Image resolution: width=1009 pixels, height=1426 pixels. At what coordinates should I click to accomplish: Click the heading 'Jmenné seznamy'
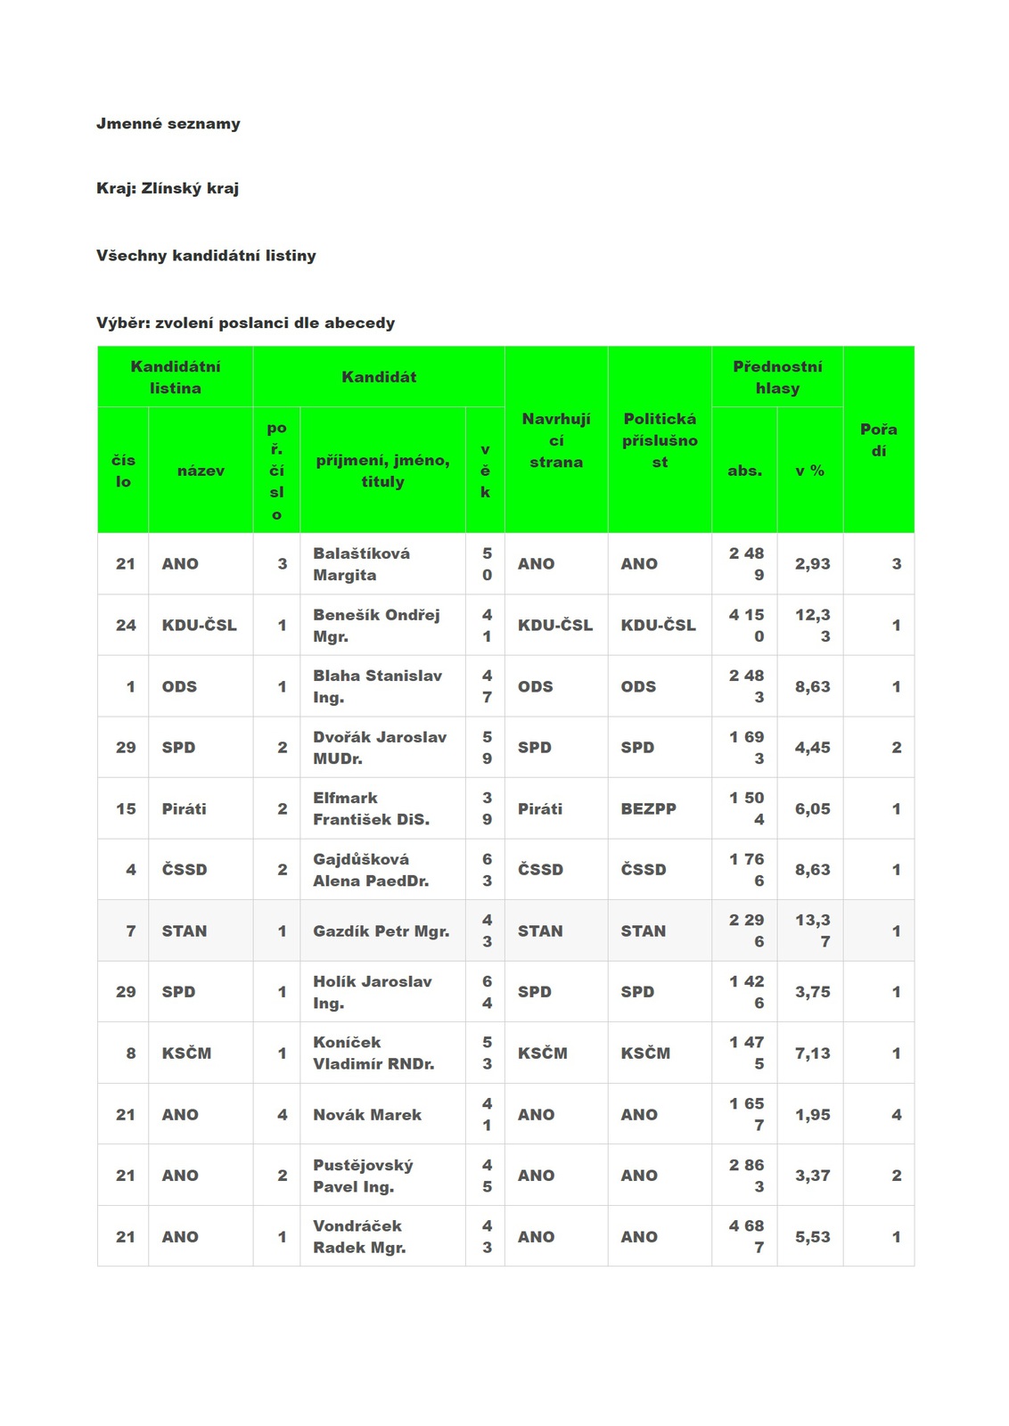tap(168, 124)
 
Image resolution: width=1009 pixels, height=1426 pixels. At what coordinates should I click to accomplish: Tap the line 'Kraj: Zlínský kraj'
tap(168, 188)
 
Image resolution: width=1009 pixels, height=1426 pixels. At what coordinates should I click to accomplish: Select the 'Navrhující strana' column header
tap(555, 440)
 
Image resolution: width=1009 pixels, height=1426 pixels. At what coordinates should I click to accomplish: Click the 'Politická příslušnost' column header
tap(660, 440)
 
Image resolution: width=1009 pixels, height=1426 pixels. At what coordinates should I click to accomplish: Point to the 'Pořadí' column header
tap(878, 440)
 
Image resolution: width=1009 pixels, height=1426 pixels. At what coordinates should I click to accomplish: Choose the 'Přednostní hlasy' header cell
tap(777, 377)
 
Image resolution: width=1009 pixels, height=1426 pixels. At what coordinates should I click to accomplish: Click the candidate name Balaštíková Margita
tap(361, 564)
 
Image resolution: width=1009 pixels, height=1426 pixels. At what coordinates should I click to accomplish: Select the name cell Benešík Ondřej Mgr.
tap(375, 626)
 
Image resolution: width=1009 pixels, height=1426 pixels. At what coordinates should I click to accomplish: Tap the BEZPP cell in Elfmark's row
tap(648, 809)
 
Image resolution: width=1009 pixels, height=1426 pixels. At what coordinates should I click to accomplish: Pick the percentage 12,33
tap(812, 626)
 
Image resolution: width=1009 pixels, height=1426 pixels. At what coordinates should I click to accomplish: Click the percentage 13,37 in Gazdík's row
tap(812, 930)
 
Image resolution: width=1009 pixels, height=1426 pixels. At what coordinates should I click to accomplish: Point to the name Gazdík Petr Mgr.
tap(381, 931)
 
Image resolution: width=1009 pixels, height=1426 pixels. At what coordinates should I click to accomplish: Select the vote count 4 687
tap(746, 1237)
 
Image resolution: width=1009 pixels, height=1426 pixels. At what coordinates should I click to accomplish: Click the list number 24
tap(126, 626)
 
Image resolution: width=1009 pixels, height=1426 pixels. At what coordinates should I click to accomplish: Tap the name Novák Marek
tap(367, 1115)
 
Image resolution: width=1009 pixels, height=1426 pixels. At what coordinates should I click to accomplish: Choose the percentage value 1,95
tap(812, 1115)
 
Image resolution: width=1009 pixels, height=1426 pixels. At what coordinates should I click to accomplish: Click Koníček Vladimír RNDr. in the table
tap(373, 1053)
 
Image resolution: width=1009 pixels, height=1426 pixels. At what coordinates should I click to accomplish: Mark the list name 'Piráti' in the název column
tap(184, 809)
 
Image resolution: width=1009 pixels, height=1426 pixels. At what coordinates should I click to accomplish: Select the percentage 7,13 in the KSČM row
tap(812, 1053)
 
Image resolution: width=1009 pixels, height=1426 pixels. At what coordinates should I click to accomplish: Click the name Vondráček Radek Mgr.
tap(358, 1237)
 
